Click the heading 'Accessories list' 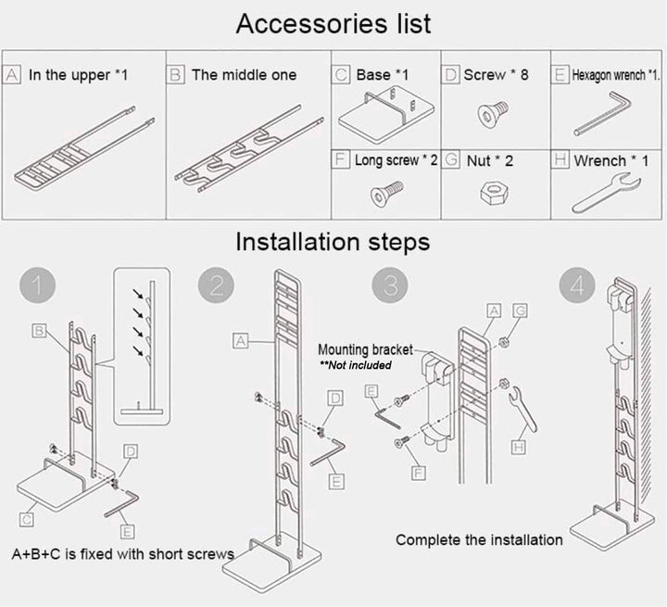pos(333,23)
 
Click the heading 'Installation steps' pos(332,243)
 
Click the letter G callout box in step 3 pos(520,310)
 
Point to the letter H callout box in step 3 pos(520,448)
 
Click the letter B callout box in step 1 pos(40,330)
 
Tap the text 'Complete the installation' pos(479,539)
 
